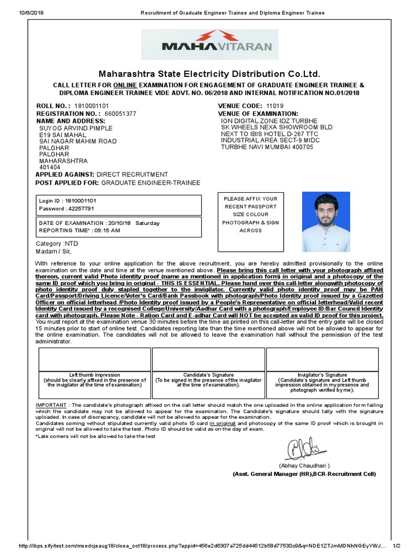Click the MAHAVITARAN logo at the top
tap(209, 45)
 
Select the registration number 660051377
tap(121, 114)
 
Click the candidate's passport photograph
tap(326, 222)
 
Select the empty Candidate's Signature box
tap(208, 359)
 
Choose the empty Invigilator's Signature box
tap(322, 359)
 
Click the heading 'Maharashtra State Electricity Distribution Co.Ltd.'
tap(209, 74)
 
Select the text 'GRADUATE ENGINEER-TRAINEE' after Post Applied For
tap(151, 182)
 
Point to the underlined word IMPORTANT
tap(51, 405)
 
